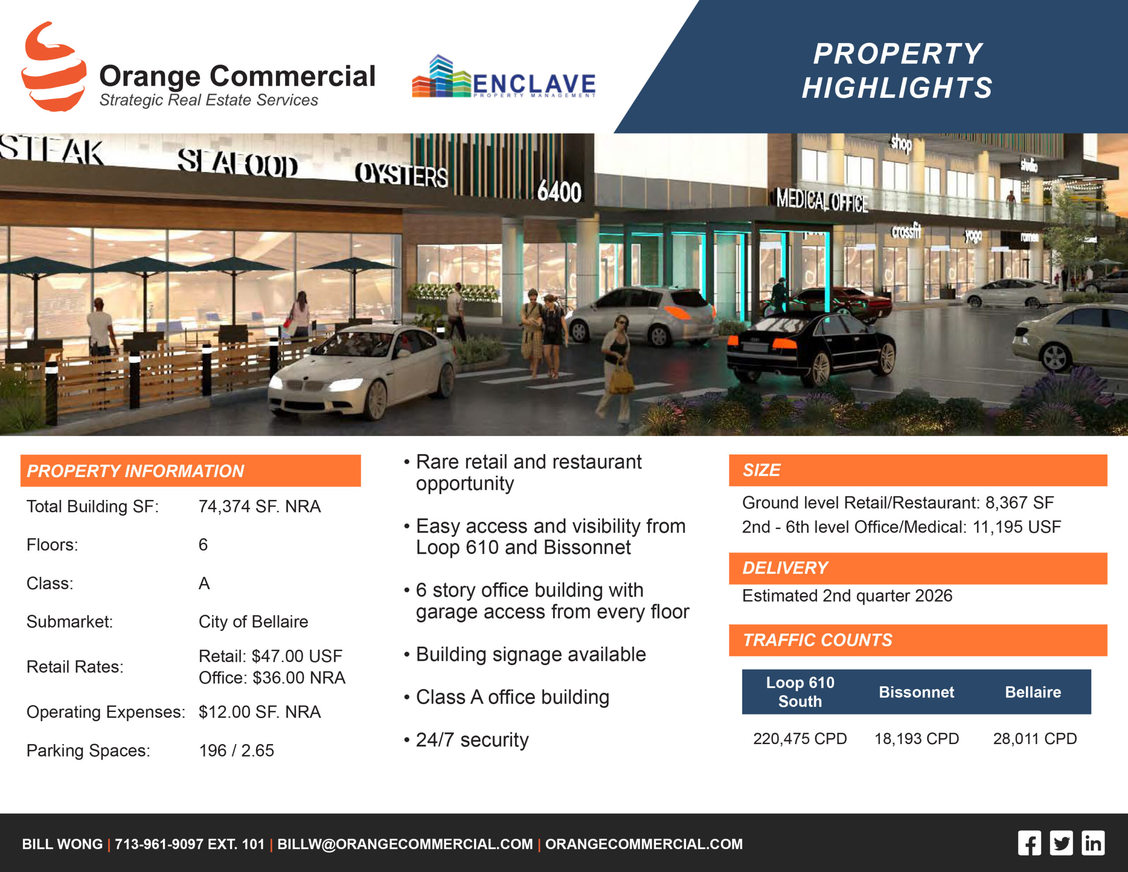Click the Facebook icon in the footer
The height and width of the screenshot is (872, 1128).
[1029, 843]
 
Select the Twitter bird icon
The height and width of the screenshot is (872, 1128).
[1061, 843]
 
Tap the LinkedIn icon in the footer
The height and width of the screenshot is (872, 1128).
[1093, 843]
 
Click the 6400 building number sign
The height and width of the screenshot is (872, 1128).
[559, 191]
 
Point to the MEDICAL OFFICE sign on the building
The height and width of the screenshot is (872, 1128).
[822, 201]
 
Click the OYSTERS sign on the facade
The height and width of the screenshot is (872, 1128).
[401, 174]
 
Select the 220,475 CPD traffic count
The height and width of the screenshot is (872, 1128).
[800, 738]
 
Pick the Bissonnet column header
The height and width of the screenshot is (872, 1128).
[917, 692]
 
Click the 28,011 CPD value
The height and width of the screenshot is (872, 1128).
[1035, 738]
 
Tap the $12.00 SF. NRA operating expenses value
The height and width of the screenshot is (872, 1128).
[260, 712]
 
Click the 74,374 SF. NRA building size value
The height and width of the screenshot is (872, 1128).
[260, 506]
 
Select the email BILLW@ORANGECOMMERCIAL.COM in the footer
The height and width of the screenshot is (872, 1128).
[405, 844]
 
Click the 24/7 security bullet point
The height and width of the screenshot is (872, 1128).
[472, 740]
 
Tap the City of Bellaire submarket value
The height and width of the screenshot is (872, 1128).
[254, 621]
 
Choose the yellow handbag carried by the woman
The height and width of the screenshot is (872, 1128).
[622, 381]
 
